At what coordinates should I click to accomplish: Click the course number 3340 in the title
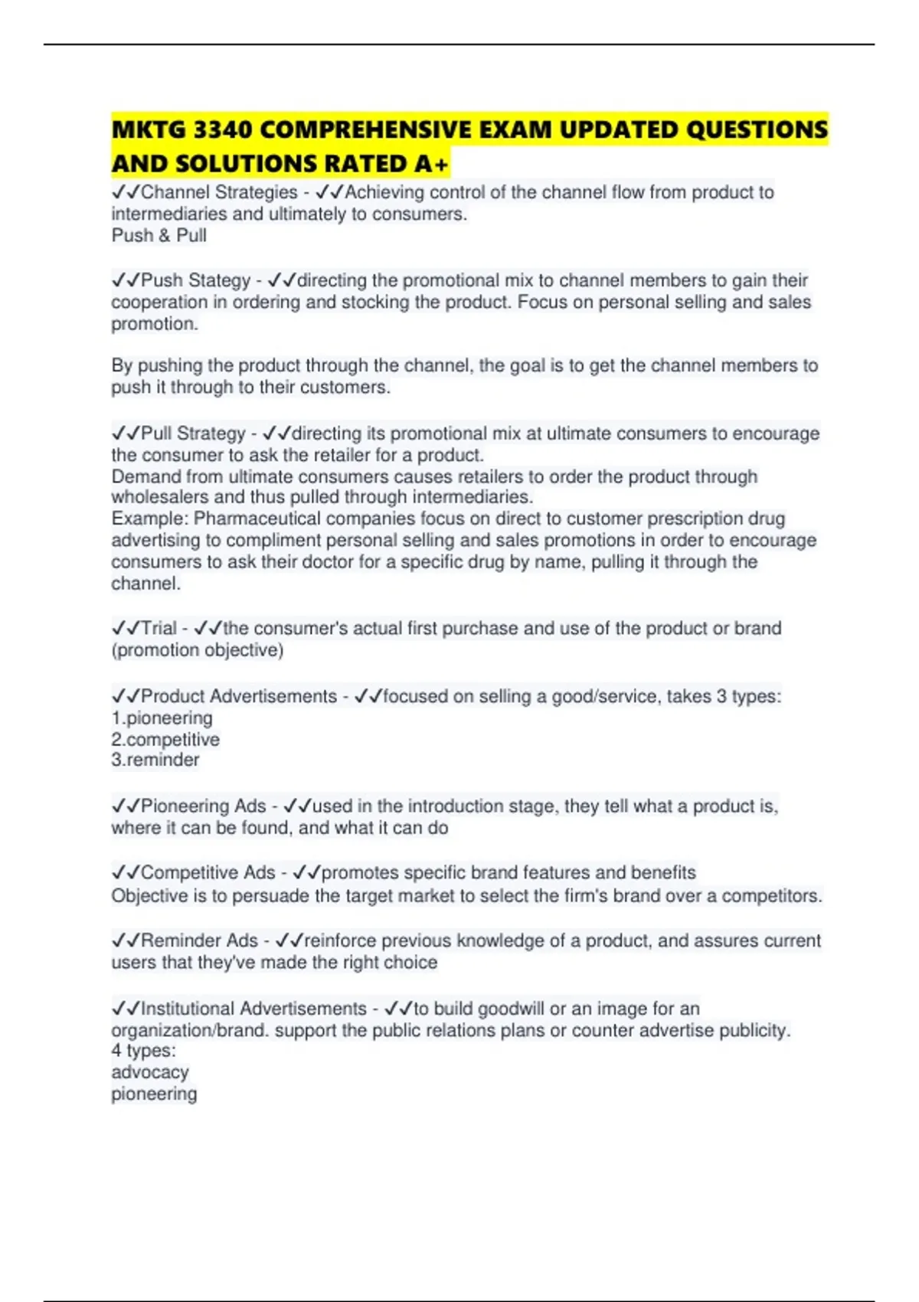(x=223, y=130)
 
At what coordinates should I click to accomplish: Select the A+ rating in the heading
(x=432, y=164)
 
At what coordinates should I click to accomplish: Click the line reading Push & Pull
(x=159, y=236)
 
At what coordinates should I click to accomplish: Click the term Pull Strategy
(x=193, y=433)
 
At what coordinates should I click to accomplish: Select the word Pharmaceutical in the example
(x=257, y=519)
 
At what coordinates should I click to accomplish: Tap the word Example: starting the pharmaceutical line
(x=150, y=519)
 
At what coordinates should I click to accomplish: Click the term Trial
(x=159, y=629)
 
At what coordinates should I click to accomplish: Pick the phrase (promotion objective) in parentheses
(x=198, y=650)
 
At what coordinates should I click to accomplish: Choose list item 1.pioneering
(x=162, y=718)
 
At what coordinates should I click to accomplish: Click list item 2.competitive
(x=165, y=740)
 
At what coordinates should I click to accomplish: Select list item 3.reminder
(x=155, y=760)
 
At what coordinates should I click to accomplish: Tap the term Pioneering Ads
(x=203, y=806)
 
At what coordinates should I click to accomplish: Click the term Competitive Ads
(x=208, y=873)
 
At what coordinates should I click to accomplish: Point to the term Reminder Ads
(x=199, y=941)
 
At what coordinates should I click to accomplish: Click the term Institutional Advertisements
(x=253, y=1009)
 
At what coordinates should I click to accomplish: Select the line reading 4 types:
(x=143, y=1051)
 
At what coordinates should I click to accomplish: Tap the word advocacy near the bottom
(x=149, y=1072)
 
